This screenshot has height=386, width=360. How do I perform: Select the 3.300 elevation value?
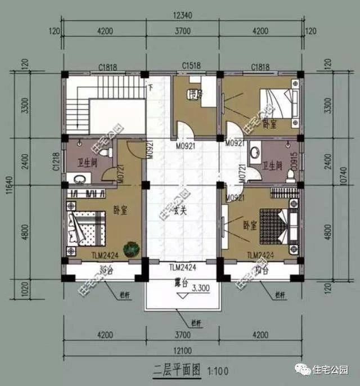(x=200, y=288)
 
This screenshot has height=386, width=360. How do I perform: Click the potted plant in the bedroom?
(x=130, y=248)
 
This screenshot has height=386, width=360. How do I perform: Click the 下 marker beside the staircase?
(x=151, y=87)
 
